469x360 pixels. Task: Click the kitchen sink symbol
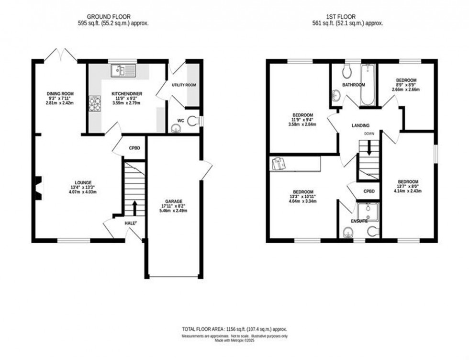[x=123, y=71]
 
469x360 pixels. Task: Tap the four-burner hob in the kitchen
[x=95, y=103]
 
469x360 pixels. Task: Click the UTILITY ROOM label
[x=184, y=85]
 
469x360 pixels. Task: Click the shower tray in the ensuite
[x=368, y=212]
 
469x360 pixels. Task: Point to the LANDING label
[x=360, y=125]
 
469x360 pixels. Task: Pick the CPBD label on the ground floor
[x=134, y=148]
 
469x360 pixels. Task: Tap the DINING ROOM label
[x=60, y=93]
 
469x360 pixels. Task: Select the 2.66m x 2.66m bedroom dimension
[x=406, y=89]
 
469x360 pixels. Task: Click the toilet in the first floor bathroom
[x=347, y=72]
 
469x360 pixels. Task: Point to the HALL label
[x=129, y=223]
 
